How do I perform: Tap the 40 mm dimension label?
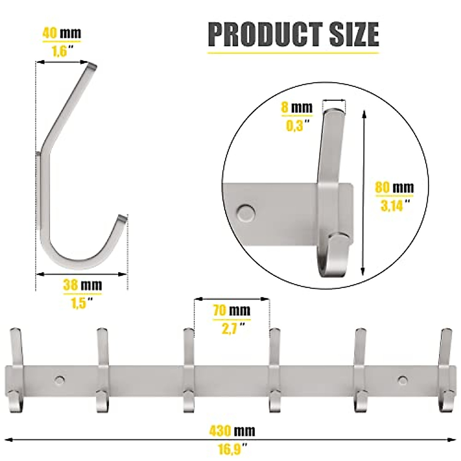click(61, 33)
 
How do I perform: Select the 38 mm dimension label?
click(83, 285)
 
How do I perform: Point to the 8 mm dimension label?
click(297, 108)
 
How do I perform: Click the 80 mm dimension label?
click(395, 187)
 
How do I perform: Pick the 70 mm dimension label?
click(232, 310)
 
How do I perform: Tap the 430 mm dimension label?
click(232, 431)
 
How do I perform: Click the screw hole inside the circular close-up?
click(246, 212)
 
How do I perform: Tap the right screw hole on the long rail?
click(403, 380)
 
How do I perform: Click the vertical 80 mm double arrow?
click(363, 192)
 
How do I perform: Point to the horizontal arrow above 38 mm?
click(81, 274)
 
